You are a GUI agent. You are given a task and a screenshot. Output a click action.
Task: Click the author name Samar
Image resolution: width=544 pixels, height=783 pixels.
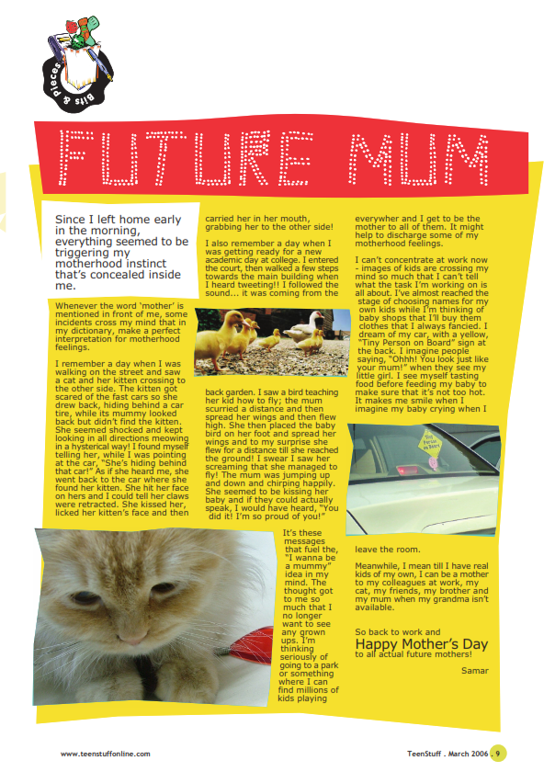pyautogui.click(x=475, y=670)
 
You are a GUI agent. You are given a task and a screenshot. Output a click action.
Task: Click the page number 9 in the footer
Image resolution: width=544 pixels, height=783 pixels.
pyautogui.click(x=497, y=754)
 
